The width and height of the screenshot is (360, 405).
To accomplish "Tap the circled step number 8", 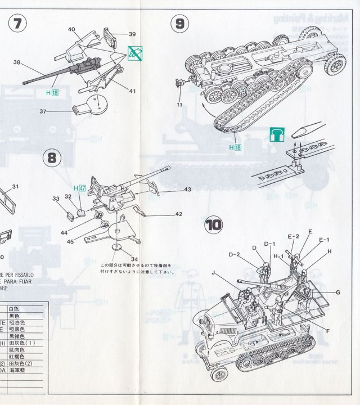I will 52,159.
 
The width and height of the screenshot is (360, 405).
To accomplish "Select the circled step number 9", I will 179,24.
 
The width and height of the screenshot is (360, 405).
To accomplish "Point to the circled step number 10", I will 214,226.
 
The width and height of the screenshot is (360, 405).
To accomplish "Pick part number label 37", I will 42,111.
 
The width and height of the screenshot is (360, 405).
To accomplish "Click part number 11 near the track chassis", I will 179,104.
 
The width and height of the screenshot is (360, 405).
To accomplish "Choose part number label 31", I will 15,187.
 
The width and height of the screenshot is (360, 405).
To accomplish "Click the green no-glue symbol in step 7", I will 135,53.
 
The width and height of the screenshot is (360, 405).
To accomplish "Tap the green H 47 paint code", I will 79,187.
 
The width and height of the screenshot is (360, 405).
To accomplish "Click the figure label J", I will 214,273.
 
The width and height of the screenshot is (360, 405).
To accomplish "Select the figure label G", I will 338,292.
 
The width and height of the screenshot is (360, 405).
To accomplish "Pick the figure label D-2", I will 235,254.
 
